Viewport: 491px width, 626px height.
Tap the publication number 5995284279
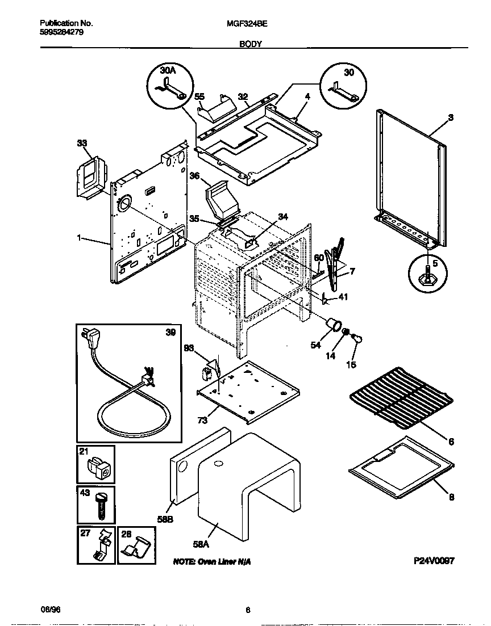click(x=63, y=32)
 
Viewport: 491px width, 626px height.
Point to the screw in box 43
click(x=102, y=505)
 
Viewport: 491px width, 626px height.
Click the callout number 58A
click(x=201, y=544)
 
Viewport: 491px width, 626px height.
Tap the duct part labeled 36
click(x=218, y=199)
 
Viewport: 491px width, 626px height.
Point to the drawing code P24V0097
click(x=434, y=560)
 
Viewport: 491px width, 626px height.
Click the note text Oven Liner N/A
click(x=211, y=561)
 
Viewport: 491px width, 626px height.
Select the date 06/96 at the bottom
click(x=51, y=610)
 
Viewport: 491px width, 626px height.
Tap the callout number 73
click(x=203, y=421)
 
